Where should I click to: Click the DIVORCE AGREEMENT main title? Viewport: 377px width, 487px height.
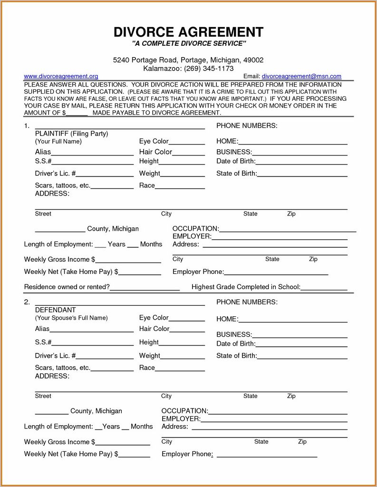tap(188, 32)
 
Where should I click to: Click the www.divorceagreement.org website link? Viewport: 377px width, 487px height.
tap(61, 76)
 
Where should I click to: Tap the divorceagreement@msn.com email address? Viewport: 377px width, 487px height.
tap(301, 76)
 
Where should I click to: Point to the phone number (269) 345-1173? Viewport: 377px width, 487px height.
tap(209, 68)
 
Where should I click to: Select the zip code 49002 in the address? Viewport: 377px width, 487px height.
tap(253, 60)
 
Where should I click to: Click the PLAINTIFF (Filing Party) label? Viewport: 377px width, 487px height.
tap(71, 134)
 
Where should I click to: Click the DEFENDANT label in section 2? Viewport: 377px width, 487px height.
tap(55, 310)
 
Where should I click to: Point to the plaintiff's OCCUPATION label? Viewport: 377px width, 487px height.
tap(195, 229)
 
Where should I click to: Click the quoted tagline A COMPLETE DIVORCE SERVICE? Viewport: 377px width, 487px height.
tap(188, 44)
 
